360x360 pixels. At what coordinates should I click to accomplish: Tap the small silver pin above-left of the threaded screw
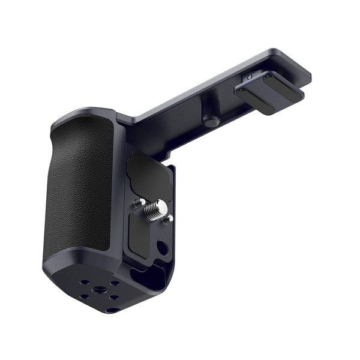click(139, 202)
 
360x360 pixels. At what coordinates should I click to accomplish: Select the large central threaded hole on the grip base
click(100, 289)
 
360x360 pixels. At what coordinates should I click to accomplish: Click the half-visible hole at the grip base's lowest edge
click(112, 310)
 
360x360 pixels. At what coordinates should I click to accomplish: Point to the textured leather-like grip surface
click(78, 186)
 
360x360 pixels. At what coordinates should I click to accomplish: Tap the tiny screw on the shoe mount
click(250, 78)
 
